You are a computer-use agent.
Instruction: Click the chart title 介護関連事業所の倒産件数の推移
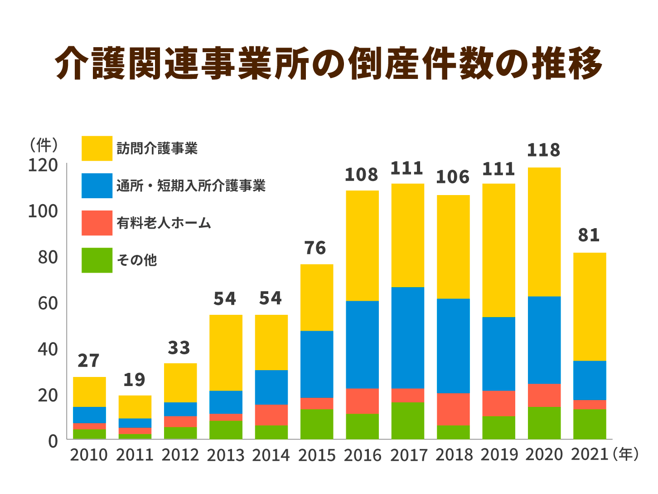pyautogui.click(x=329, y=63)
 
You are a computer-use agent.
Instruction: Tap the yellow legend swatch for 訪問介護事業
pyautogui.click(x=97, y=148)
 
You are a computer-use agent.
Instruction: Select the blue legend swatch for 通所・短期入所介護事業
pyautogui.click(x=97, y=186)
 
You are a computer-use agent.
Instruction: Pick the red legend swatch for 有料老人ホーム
pyautogui.click(x=97, y=223)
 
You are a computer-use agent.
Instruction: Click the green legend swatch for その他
pyautogui.click(x=97, y=260)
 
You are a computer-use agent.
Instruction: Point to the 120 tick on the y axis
pyautogui.click(x=43, y=166)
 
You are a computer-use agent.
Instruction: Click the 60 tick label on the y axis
pyautogui.click(x=48, y=303)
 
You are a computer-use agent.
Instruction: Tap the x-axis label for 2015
pyautogui.click(x=317, y=455)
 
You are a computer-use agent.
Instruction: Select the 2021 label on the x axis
pyautogui.click(x=590, y=455)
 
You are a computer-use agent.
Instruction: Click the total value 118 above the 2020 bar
pyautogui.click(x=544, y=150)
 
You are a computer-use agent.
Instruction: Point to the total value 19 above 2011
pyautogui.click(x=134, y=380)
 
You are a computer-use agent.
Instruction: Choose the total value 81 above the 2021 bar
pyautogui.click(x=589, y=235)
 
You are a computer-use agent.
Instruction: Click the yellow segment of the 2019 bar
pyautogui.click(x=498, y=250)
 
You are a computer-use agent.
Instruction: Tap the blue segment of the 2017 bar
pyautogui.click(x=408, y=337)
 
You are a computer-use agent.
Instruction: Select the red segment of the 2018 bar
pyautogui.click(x=453, y=409)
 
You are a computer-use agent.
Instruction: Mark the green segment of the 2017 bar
pyautogui.click(x=408, y=421)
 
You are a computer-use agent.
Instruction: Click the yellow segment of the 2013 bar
pyautogui.click(x=226, y=352)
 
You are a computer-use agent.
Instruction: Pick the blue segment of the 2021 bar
pyautogui.click(x=590, y=380)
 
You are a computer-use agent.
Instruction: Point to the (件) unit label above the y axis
pyautogui.click(x=44, y=145)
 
